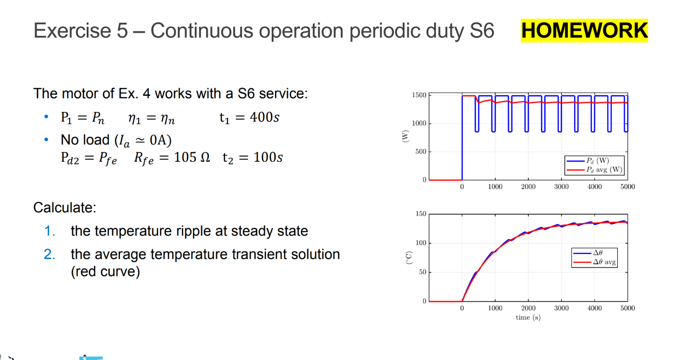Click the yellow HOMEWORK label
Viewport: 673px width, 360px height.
click(584, 31)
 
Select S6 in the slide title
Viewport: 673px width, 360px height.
click(481, 31)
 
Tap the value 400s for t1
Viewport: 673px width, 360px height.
click(259, 118)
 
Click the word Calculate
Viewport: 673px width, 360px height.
click(64, 207)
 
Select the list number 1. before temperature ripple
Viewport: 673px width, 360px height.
click(50, 231)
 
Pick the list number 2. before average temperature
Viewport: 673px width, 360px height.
click(50, 254)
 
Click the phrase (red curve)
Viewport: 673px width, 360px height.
click(105, 272)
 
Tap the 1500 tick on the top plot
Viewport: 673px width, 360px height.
click(419, 95)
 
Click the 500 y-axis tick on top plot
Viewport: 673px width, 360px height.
click(421, 152)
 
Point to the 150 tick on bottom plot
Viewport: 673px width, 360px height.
click(421, 214)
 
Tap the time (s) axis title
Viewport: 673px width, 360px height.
click(528, 317)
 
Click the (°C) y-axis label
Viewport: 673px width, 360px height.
click(409, 258)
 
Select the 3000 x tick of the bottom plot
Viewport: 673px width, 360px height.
click(561, 308)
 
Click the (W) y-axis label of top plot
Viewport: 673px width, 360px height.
click(404, 136)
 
